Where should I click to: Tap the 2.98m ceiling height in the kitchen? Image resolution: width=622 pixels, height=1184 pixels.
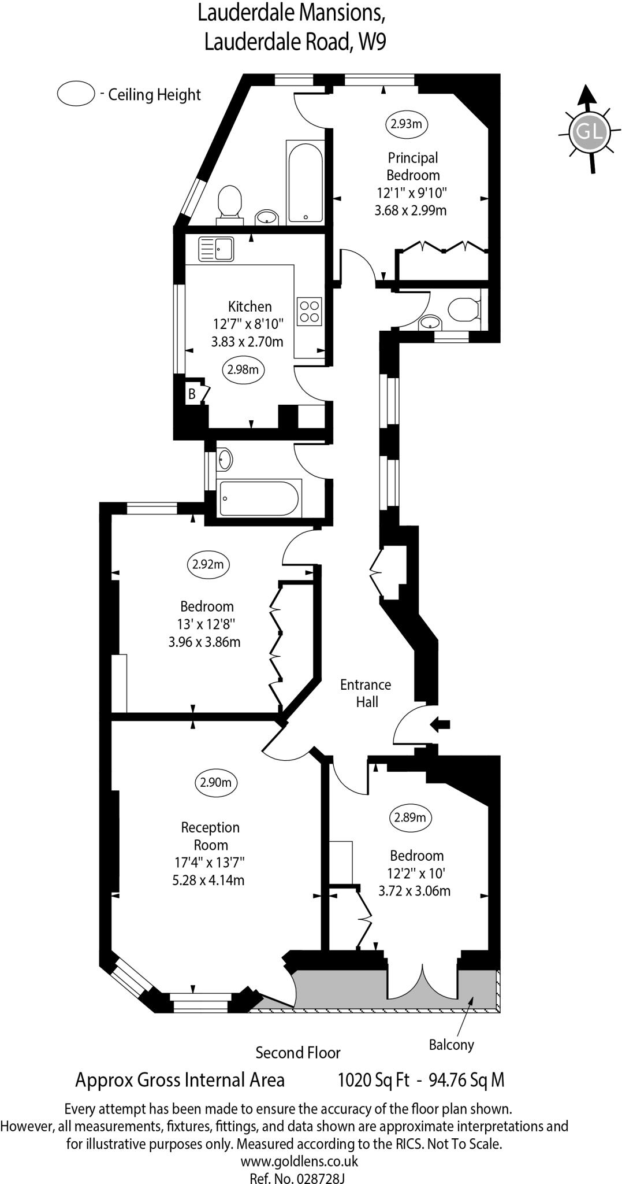tap(243, 369)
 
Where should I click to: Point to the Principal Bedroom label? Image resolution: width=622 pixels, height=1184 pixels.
tap(412, 166)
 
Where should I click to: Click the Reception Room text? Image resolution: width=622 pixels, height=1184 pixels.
tap(210, 836)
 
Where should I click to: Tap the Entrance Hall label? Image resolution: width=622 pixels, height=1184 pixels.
tap(366, 693)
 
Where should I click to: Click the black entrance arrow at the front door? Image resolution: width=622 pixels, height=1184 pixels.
tap(440, 724)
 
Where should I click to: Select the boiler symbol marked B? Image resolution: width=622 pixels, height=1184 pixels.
tap(192, 394)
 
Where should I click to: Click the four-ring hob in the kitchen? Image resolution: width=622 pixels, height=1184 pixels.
tap(309, 311)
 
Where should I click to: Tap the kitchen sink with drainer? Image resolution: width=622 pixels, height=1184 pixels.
tap(215, 249)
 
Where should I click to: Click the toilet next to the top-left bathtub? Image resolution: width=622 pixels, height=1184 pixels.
tap(229, 202)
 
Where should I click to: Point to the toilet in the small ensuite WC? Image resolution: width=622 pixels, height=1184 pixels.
tap(465, 309)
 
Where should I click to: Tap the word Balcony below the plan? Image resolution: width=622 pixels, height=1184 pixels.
tap(451, 1045)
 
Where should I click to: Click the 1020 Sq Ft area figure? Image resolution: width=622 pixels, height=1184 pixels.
tap(373, 1080)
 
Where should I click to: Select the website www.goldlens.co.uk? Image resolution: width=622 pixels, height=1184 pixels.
tap(299, 1161)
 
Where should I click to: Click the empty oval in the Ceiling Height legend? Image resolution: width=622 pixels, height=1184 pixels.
tap(76, 94)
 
